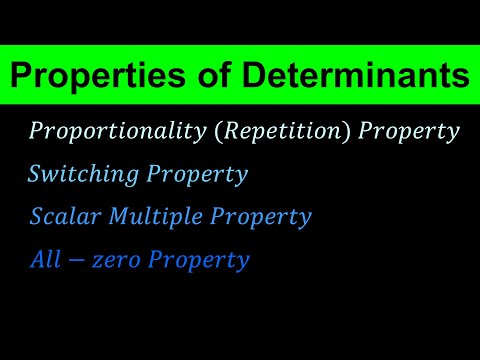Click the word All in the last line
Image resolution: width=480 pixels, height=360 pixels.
point(44,260)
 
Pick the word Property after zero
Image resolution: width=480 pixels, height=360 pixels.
point(196,260)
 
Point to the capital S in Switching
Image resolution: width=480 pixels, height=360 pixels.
point(36,174)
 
